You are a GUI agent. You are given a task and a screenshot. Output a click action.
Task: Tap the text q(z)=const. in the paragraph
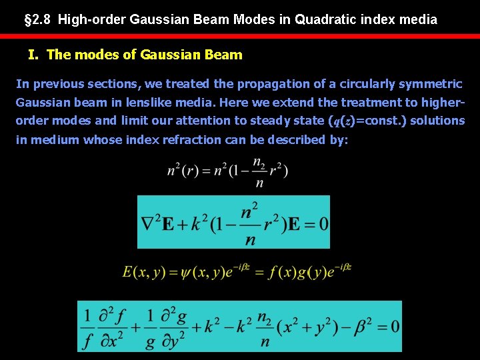(366, 121)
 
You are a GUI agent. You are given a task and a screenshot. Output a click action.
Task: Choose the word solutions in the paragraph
(436, 121)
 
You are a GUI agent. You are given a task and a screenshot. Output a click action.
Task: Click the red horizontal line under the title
(240, 36)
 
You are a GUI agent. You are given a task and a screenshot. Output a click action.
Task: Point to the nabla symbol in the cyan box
(147, 223)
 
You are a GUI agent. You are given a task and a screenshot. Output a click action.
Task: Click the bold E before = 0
(291, 223)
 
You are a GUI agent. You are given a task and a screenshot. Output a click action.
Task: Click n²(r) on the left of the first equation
(183, 171)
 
